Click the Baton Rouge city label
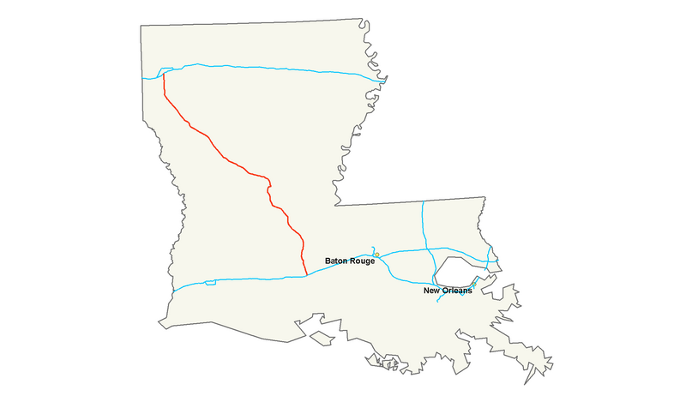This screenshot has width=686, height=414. tap(349, 261)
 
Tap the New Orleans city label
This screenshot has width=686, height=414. tap(448, 291)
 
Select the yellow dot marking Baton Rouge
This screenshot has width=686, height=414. tap(376, 254)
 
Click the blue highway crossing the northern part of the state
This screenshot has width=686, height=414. tap(274, 68)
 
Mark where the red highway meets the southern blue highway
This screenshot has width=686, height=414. tap(307, 275)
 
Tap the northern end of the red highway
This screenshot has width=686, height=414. tap(162, 73)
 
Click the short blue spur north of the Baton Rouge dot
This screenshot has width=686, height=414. tap(374, 249)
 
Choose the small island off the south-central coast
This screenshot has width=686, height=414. tap(321, 338)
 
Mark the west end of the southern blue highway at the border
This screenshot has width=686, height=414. tap(172, 290)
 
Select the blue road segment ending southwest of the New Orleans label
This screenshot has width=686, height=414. tap(439, 303)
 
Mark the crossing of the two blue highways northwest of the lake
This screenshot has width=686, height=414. tap(424, 250)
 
